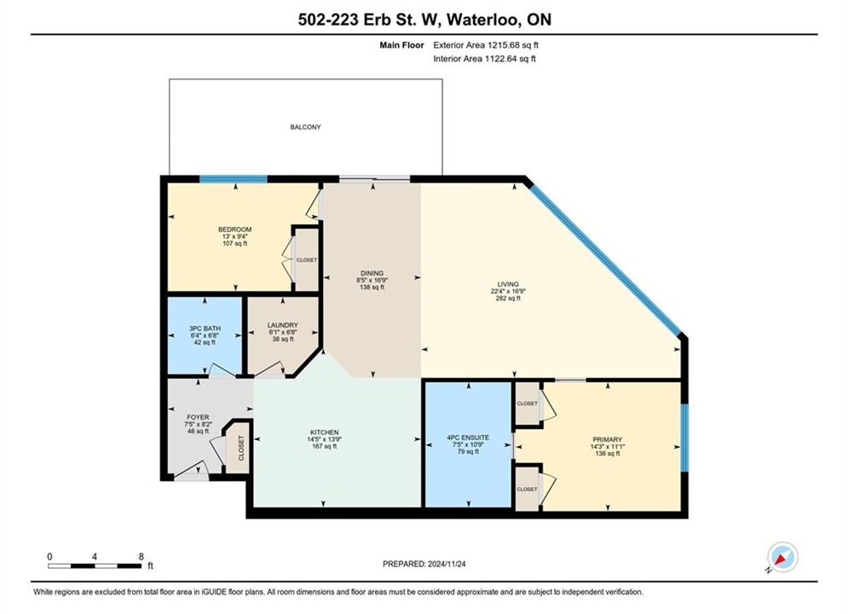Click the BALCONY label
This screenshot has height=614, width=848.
pos(306,127)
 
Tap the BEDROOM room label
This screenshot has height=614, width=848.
pos(234,229)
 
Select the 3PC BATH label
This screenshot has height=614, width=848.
pos(205,328)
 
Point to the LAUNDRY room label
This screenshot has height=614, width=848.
pos(282,325)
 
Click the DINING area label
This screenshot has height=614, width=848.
pos(372,273)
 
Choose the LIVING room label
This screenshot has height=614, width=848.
pos(508,284)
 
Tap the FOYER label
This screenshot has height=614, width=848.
pos(198,417)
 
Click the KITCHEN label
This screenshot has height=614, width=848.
pos(325,432)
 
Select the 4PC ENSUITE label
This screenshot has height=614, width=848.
pos(468,437)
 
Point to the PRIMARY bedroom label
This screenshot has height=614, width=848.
pos(608,440)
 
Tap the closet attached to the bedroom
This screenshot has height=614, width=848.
pos(307,260)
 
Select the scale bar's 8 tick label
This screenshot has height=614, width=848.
pos(141,557)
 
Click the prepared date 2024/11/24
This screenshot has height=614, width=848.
pos(447,564)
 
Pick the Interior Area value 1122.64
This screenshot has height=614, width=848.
pos(499,59)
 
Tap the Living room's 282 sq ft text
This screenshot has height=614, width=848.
pos(508,298)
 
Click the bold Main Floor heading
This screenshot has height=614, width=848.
pos(401,45)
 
